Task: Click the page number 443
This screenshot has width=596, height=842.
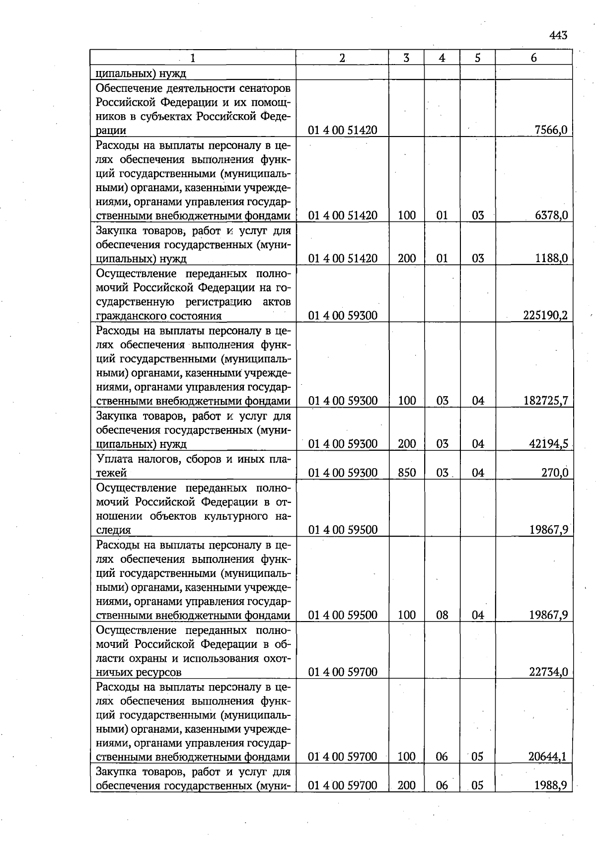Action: [558, 35]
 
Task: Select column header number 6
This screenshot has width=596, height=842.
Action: [533, 58]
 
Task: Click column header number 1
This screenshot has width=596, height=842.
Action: [193, 58]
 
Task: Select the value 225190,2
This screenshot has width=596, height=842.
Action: [545, 316]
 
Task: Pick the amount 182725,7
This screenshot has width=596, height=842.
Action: [545, 401]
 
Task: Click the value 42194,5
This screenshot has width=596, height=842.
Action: [548, 444]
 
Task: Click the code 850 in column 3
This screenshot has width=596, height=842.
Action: [407, 473]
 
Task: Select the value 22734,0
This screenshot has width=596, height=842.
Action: [548, 672]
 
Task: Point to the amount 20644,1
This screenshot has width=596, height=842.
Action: [548, 757]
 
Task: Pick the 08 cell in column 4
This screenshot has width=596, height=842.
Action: [442, 615]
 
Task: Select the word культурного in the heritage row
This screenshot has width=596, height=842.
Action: [236, 516]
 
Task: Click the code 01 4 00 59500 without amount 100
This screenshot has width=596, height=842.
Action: [343, 530]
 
